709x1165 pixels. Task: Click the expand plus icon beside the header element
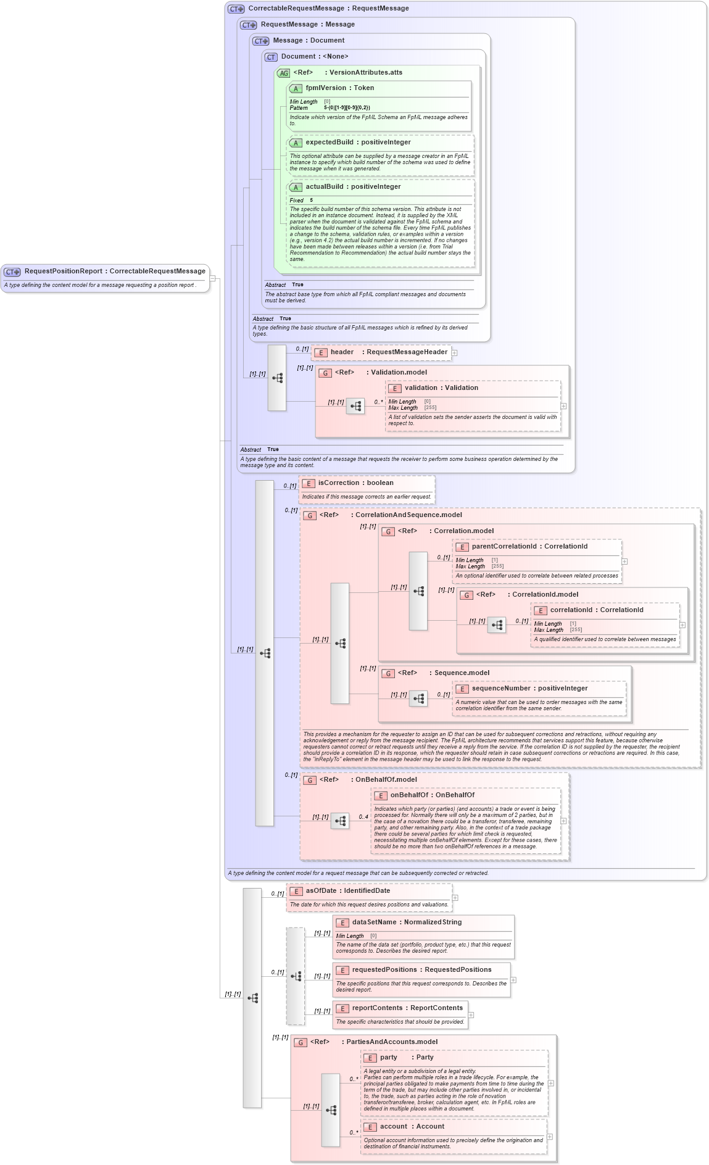[x=455, y=353]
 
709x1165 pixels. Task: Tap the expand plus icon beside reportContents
[x=471, y=1014]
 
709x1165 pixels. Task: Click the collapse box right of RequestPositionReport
[x=212, y=278]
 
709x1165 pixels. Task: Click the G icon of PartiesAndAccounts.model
[x=301, y=1042]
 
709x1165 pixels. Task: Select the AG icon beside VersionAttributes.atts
[x=283, y=73]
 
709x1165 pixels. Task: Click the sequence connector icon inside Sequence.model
[x=418, y=699]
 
